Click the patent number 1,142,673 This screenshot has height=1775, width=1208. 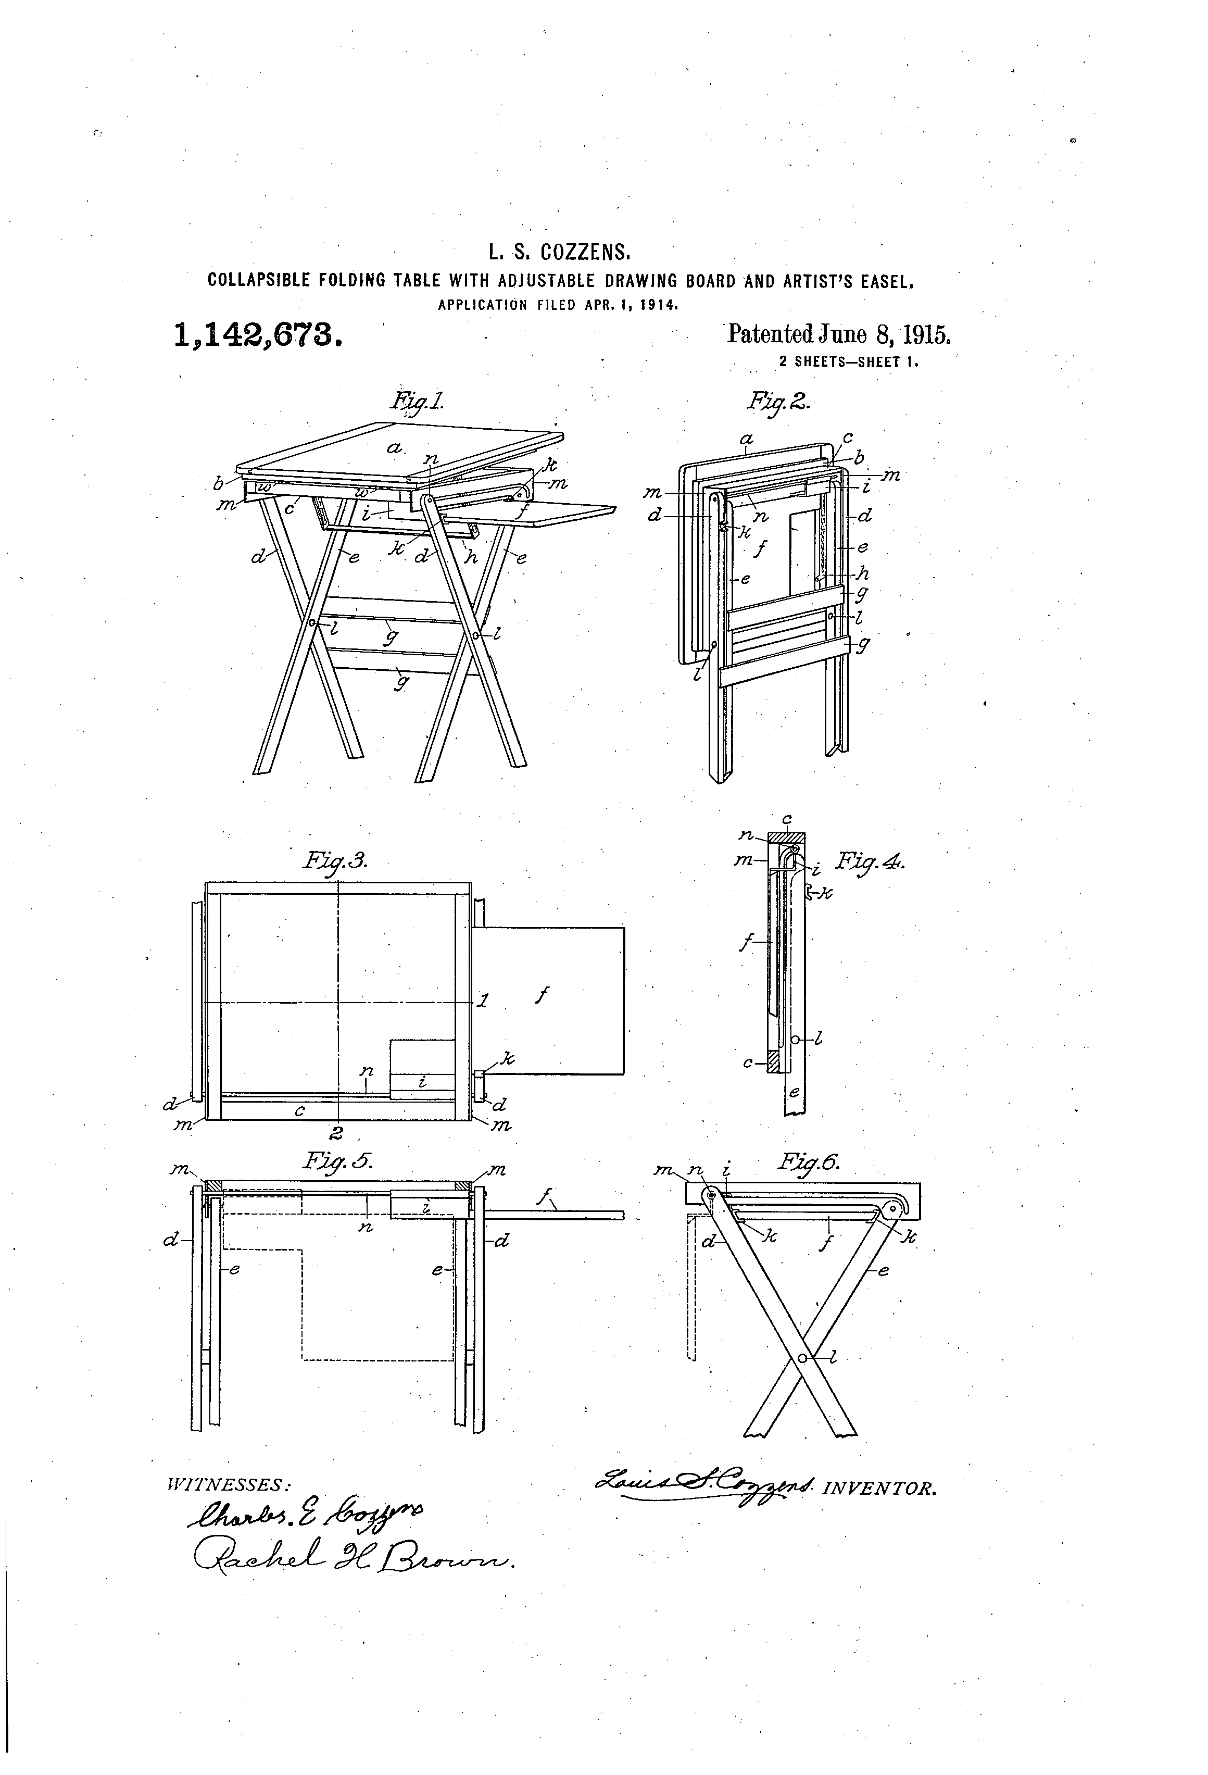point(257,334)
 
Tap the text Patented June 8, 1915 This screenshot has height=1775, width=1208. point(838,334)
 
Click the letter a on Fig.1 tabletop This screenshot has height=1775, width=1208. point(394,448)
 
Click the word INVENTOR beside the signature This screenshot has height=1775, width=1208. point(878,1489)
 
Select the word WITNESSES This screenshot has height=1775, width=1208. point(228,1484)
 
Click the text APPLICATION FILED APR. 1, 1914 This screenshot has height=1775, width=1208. point(558,305)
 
